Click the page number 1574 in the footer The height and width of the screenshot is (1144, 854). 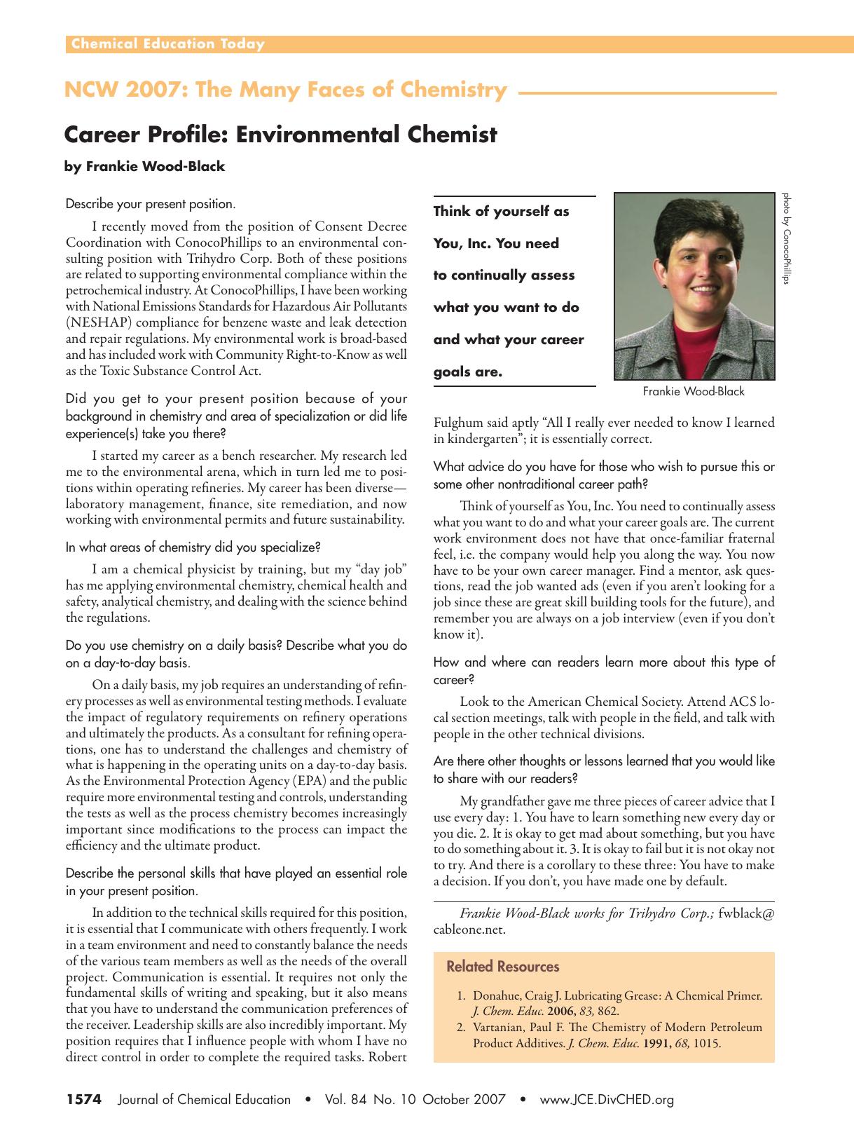point(84,1100)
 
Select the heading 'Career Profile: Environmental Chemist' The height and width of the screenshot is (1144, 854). point(280,134)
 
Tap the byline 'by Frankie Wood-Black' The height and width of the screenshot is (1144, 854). point(144,167)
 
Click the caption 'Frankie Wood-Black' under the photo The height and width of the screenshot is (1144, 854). point(694,391)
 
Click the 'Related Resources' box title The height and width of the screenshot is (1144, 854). point(502,967)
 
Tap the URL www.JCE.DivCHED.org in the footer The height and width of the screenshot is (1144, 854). point(606,1100)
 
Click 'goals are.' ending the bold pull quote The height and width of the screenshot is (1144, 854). point(467,372)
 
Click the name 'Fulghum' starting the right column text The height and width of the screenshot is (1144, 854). point(458,423)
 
